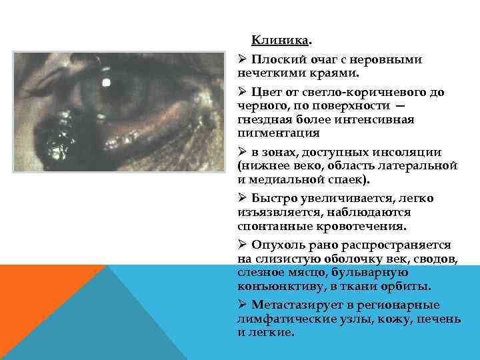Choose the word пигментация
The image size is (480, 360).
coord(273,132)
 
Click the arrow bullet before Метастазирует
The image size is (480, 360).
coord(243,305)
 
